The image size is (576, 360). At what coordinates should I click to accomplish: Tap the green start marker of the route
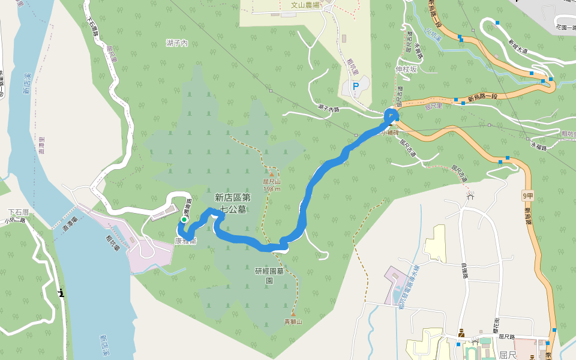click(184, 220)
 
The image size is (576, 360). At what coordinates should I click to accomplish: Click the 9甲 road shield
click(527, 196)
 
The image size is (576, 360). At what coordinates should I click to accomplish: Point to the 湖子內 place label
click(177, 43)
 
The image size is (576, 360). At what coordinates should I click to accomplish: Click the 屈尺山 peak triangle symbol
click(271, 175)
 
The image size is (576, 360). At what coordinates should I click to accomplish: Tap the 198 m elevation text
click(272, 189)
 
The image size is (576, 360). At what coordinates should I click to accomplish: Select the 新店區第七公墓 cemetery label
click(232, 203)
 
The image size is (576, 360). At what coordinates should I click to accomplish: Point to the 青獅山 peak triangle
click(293, 314)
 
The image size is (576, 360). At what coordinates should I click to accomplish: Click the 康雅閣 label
click(186, 241)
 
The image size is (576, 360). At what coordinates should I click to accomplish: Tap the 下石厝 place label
click(18, 212)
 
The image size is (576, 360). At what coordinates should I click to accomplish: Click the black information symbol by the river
click(61, 293)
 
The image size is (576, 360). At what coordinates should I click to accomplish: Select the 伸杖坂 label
click(406, 69)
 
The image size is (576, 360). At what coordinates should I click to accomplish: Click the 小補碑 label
click(389, 133)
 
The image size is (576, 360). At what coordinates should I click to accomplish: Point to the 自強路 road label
click(465, 272)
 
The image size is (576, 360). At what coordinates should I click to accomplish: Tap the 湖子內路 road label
click(329, 109)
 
